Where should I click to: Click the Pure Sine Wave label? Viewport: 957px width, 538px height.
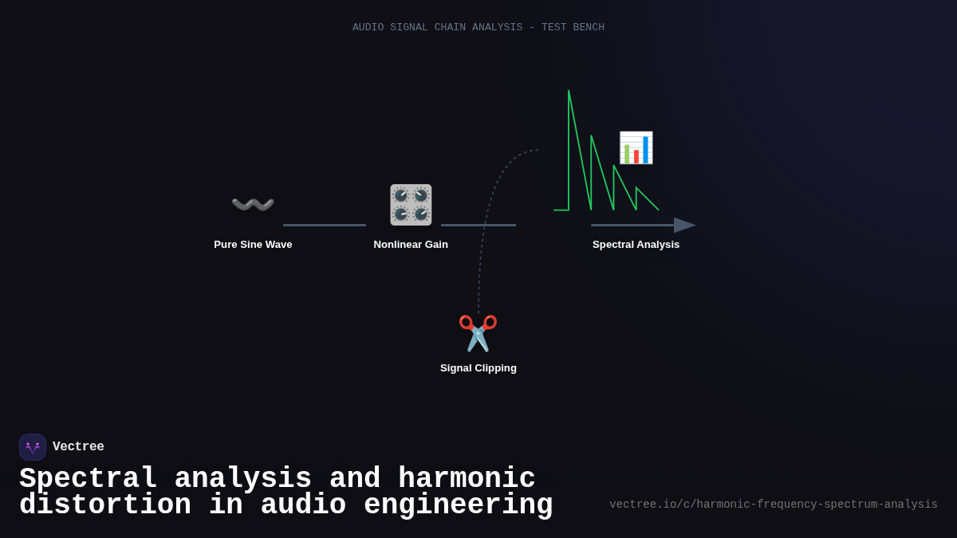tap(253, 245)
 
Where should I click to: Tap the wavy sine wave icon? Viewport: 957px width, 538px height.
tap(253, 205)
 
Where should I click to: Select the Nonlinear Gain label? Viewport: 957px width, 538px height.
tap(411, 245)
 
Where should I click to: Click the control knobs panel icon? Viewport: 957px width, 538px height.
tap(411, 205)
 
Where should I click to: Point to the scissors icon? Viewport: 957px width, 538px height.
tap(478, 333)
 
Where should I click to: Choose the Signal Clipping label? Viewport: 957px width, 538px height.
tap(478, 368)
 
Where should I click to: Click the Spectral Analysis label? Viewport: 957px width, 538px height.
tap(636, 245)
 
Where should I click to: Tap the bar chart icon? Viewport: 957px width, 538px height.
tap(636, 147)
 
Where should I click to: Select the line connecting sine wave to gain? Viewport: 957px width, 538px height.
tap(325, 226)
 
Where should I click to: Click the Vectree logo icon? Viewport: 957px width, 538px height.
tap(33, 447)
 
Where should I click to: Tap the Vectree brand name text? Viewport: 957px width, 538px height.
tap(78, 447)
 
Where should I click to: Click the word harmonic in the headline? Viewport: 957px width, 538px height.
tap(467, 479)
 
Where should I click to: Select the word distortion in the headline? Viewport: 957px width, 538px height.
tap(105, 505)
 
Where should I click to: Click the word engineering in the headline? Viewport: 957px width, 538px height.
tap(458, 505)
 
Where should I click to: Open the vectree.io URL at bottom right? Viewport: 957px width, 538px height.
tap(773, 505)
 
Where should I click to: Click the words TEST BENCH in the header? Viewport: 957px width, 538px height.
tap(573, 27)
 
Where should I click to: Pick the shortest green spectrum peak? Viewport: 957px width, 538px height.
tap(637, 190)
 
